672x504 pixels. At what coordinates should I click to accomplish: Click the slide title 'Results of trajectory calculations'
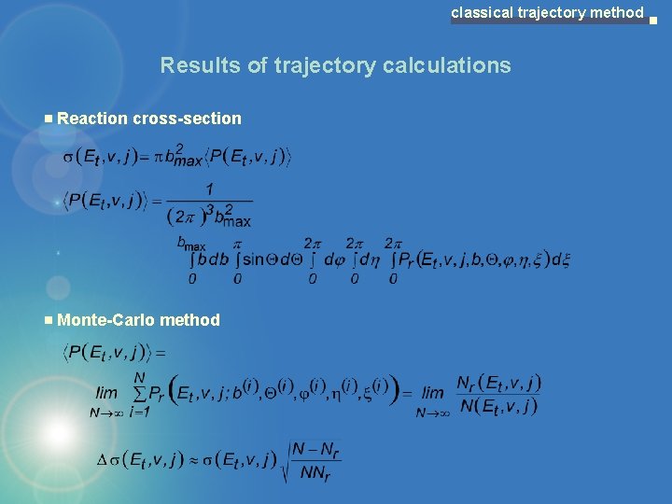pos(335,65)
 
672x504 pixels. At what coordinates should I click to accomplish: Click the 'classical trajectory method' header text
pos(547,12)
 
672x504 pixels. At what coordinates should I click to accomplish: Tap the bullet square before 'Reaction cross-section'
pos(49,119)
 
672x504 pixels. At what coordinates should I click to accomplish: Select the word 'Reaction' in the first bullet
pos(92,119)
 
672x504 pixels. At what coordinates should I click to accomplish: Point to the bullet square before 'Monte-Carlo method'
pos(49,320)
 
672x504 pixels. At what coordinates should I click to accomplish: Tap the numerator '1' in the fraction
pos(210,189)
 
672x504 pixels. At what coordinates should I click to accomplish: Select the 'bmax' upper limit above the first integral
pos(191,243)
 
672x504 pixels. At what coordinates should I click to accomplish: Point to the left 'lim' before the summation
pos(107,393)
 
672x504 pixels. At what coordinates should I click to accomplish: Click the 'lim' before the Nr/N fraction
pos(432,393)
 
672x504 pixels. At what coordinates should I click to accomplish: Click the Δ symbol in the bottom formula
pos(103,459)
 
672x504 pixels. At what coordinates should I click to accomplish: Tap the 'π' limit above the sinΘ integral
pos(237,243)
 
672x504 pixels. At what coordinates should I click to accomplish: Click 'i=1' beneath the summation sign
pos(139,412)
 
